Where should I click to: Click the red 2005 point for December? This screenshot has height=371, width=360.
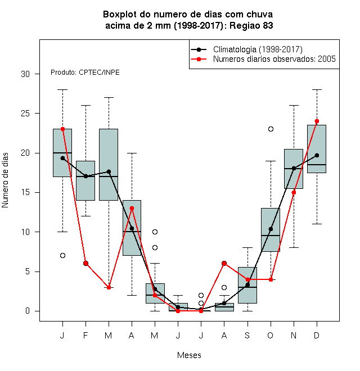(317, 121)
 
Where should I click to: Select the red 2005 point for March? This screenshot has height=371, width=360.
(109, 287)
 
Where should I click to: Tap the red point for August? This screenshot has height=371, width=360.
(224, 263)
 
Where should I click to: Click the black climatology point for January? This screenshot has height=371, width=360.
(62, 158)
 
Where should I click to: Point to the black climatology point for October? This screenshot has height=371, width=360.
(271, 229)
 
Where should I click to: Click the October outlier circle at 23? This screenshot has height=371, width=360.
(271, 129)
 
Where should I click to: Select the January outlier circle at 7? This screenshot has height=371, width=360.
(62, 256)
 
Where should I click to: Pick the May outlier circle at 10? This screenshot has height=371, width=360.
(155, 232)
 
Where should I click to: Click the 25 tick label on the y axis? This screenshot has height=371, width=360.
(25, 114)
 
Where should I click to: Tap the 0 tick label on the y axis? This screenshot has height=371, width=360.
(28, 311)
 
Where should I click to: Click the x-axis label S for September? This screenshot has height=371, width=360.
(247, 335)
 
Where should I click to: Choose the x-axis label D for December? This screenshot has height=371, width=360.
(317, 335)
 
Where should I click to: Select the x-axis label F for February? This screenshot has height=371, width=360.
(85, 335)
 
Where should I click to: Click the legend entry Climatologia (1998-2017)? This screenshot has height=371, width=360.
(258, 49)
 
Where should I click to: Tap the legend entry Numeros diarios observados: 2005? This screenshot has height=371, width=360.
(274, 59)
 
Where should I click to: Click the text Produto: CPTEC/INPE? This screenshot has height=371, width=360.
(85, 73)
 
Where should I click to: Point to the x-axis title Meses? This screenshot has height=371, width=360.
(189, 355)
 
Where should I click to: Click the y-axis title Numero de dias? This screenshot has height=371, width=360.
(5, 180)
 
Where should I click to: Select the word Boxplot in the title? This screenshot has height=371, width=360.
(120, 15)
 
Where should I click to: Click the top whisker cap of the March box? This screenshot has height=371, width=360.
(109, 97)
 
